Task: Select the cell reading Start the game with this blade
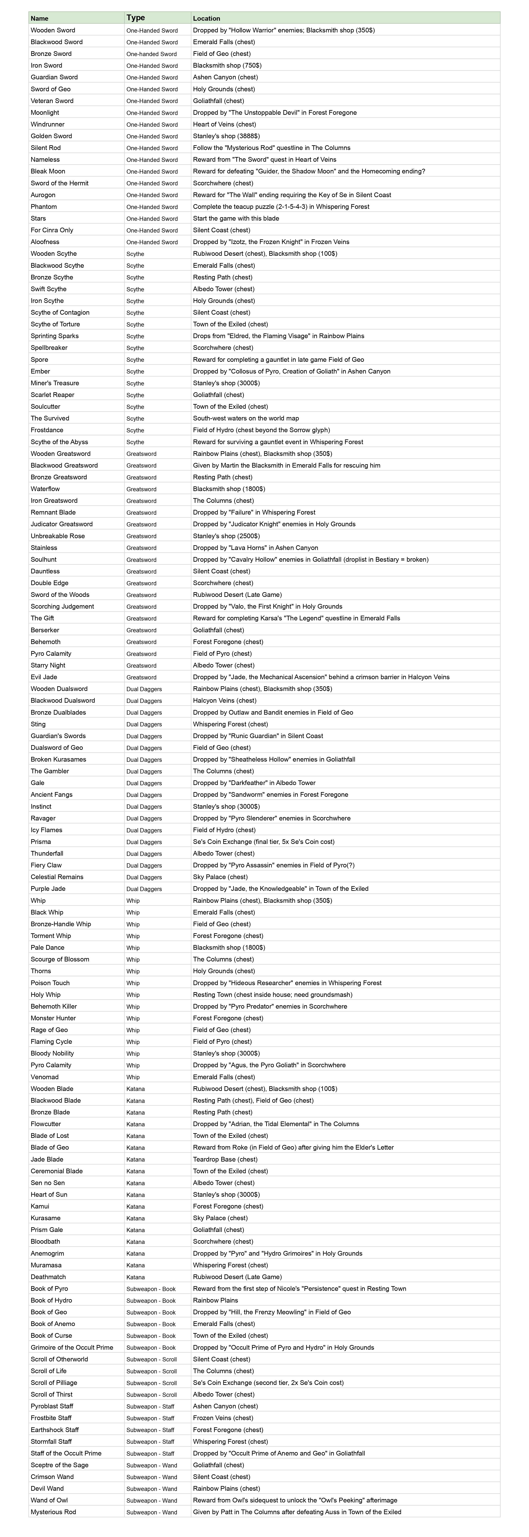[236, 218]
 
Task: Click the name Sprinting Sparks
[55, 336]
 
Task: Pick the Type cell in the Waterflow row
[141, 489]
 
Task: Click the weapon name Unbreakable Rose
[58, 536]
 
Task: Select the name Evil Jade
[44, 677]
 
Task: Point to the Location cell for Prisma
[264, 842]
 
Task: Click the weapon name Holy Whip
[46, 995]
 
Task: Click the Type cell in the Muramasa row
[135, 1265]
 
